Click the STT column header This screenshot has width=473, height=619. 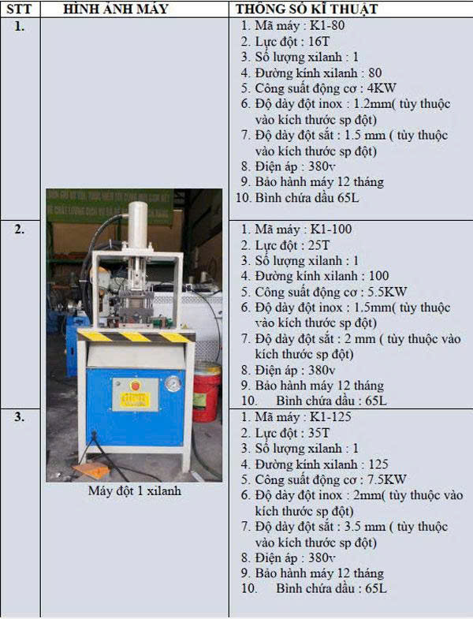[19, 9]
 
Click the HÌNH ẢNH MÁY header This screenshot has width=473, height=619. [116, 9]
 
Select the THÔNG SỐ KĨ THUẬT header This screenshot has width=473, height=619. [307, 9]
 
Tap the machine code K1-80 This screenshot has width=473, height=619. [327, 25]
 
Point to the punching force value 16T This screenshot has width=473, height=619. [318, 41]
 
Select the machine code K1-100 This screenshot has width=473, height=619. [331, 229]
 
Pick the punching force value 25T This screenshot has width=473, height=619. [318, 244]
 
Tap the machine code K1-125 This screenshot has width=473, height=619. [331, 417]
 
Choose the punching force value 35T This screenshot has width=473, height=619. [318, 433]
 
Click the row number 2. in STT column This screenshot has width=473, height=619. [20, 229]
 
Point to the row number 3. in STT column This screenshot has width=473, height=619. [20, 417]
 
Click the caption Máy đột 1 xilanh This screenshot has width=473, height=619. [135, 490]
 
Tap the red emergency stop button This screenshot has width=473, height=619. [135, 386]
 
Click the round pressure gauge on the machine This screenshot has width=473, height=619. [173, 384]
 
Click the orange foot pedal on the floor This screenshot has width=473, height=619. [91, 470]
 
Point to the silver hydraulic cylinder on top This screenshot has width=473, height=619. [137, 224]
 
